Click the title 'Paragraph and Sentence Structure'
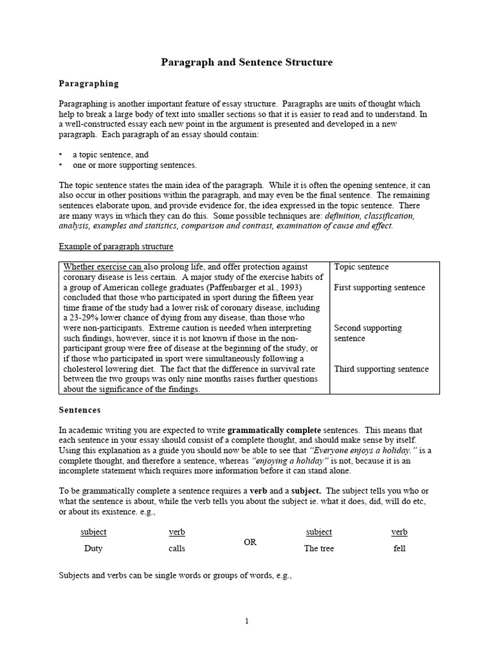click(246, 62)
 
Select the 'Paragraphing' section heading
click(89, 83)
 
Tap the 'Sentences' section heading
click(80, 409)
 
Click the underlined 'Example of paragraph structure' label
click(116, 246)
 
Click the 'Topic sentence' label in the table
click(361, 266)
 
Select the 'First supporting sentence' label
click(380, 287)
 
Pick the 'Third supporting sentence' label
click(381, 369)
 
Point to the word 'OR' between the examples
click(250, 543)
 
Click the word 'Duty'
click(93, 549)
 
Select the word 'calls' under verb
click(177, 549)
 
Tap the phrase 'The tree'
click(319, 549)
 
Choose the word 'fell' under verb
click(399, 549)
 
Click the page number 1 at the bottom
click(246, 621)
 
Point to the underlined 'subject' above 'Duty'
click(93, 532)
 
